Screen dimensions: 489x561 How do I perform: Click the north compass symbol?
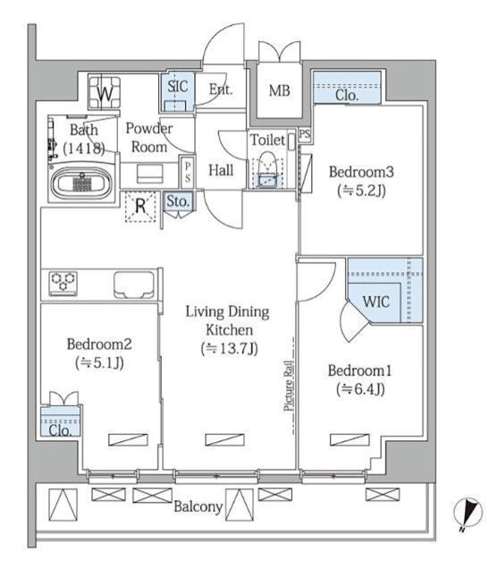click(x=468, y=513)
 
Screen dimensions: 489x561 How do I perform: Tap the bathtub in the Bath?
click(x=81, y=183)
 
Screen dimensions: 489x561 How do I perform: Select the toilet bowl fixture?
click(x=267, y=170)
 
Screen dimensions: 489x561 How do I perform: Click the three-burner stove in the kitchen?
click(x=63, y=284)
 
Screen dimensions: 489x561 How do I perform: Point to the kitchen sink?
click(x=134, y=285)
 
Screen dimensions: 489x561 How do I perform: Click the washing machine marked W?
click(x=105, y=92)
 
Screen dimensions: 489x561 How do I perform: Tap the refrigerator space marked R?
click(x=140, y=207)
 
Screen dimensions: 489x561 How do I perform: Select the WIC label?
click(x=375, y=302)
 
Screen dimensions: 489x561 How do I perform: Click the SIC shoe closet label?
click(x=178, y=86)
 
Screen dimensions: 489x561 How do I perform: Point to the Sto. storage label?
click(x=178, y=201)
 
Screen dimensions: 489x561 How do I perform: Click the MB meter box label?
click(x=279, y=90)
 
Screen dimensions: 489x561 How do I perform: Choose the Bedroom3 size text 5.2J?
click(x=361, y=191)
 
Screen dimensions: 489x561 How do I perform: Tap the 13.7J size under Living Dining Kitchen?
click(x=229, y=348)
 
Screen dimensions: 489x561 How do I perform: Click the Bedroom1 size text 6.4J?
click(x=360, y=389)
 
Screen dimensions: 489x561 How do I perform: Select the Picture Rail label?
click(x=289, y=386)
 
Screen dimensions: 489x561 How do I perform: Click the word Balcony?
click(x=198, y=507)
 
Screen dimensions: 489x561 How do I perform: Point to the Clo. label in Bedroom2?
click(x=60, y=430)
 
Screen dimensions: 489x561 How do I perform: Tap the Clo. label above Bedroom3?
click(x=347, y=95)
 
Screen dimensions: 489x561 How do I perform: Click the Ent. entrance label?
click(x=221, y=89)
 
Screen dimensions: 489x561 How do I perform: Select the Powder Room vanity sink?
click(x=150, y=174)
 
